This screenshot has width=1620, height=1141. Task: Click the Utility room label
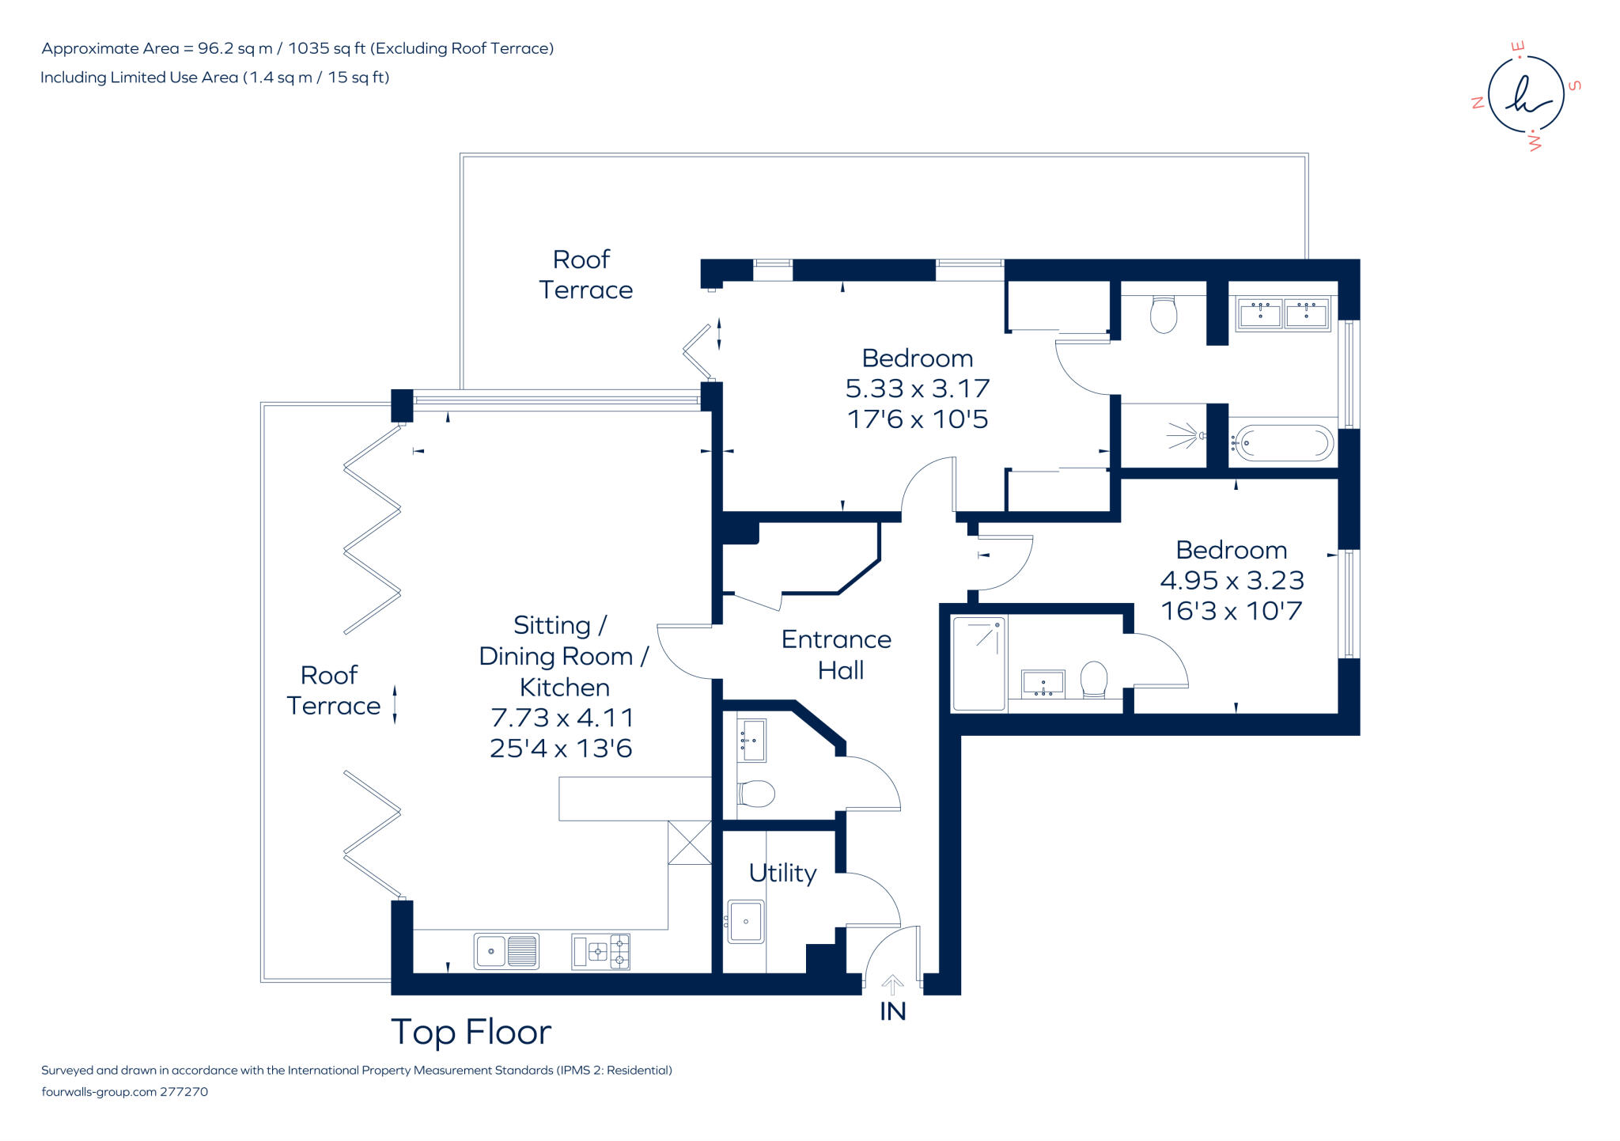(782, 873)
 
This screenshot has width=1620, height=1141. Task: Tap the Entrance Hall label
(836, 654)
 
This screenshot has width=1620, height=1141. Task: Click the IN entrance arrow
(892, 985)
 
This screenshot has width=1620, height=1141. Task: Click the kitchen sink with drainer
(506, 951)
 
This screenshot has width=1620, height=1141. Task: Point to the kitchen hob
(601, 952)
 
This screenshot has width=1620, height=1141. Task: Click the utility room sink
(746, 922)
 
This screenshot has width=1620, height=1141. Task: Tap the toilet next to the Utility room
(756, 794)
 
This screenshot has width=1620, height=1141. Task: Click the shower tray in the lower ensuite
(978, 663)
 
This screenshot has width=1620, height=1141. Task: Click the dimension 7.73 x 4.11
(562, 718)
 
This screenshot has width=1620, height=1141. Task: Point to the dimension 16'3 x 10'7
(1231, 611)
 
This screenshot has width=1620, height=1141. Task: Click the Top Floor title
(471, 1032)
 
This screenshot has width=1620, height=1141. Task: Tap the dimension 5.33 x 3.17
(918, 389)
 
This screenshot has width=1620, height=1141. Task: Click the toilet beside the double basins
(1163, 314)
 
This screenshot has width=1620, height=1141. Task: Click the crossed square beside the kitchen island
(690, 843)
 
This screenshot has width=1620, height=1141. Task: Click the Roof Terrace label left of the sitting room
(333, 690)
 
